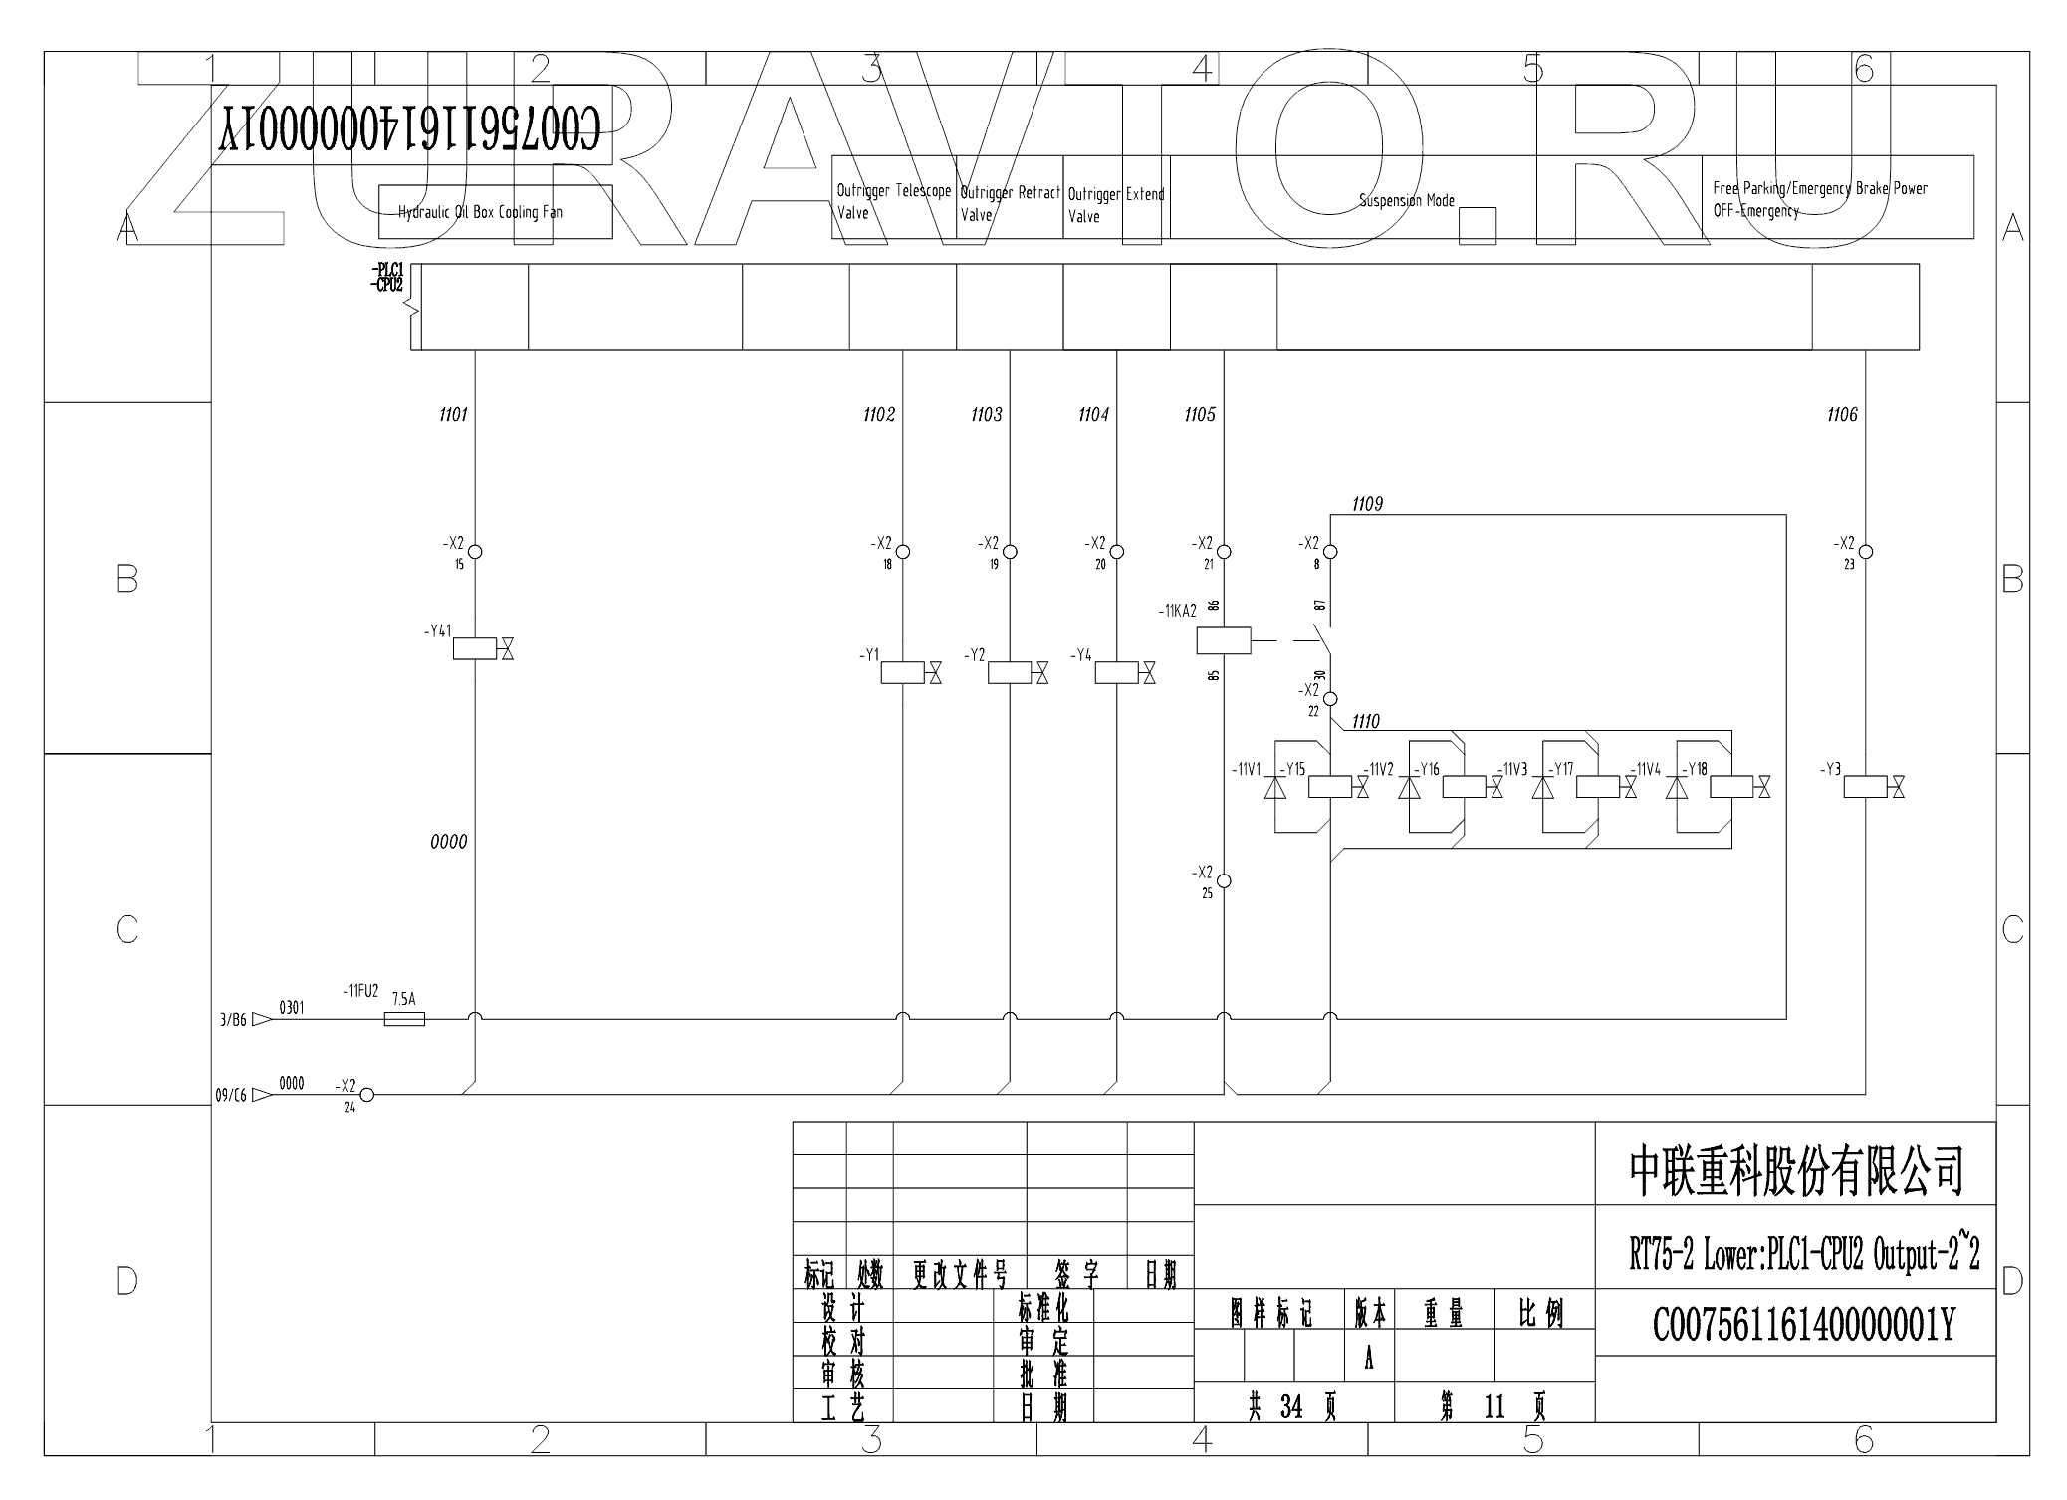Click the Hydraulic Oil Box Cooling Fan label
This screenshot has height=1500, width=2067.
pyautogui.click(x=480, y=212)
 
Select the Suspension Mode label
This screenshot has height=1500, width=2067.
pyautogui.click(x=1407, y=201)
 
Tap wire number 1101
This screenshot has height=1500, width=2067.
pyautogui.click(x=453, y=415)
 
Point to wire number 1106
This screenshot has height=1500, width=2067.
pyautogui.click(x=1842, y=415)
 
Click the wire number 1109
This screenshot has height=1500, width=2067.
pyautogui.click(x=1367, y=504)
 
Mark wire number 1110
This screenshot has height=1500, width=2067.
pyautogui.click(x=1365, y=722)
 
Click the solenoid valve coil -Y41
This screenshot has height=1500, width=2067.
pyautogui.click(x=475, y=649)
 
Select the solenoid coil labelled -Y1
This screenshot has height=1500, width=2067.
pyautogui.click(x=903, y=673)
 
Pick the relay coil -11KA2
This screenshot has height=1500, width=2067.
pyautogui.click(x=1223, y=641)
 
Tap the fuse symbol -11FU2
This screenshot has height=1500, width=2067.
pyautogui.click(x=404, y=1018)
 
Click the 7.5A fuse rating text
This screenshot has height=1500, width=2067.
pyautogui.click(x=403, y=999)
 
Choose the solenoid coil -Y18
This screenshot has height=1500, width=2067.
pyautogui.click(x=1731, y=787)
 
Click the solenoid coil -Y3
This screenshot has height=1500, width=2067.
pyautogui.click(x=1865, y=787)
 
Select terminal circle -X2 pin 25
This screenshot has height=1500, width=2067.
pyautogui.click(x=1224, y=880)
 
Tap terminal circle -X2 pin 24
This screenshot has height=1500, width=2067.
pyautogui.click(x=366, y=1095)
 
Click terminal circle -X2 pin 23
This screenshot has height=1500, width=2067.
pyautogui.click(x=1866, y=551)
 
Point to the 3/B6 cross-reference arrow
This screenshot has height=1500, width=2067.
pyautogui.click(x=262, y=1019)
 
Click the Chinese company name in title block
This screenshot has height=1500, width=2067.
pyautogui.click(x=1796, y=1170)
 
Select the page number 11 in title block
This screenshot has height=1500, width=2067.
pyautogui.click(x=1493, y=1406)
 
